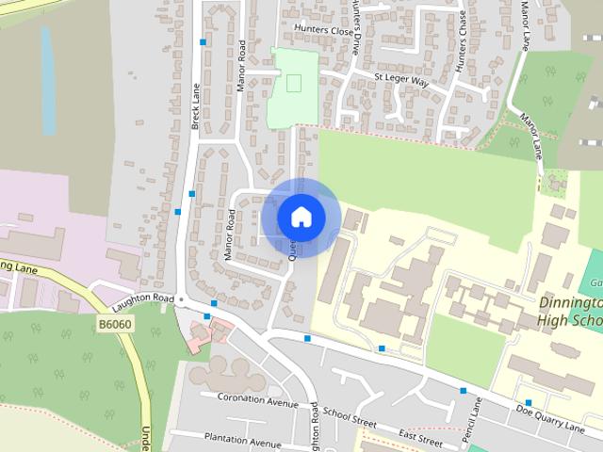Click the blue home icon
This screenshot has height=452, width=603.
[301, 217]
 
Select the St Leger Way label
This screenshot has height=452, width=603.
[400, 82]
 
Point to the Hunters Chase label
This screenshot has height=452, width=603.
[462, 42]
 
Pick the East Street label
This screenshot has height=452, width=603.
[420, 435]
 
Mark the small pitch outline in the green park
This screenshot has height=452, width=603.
[294, 83]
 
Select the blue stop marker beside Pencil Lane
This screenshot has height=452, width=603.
[463, 390]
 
